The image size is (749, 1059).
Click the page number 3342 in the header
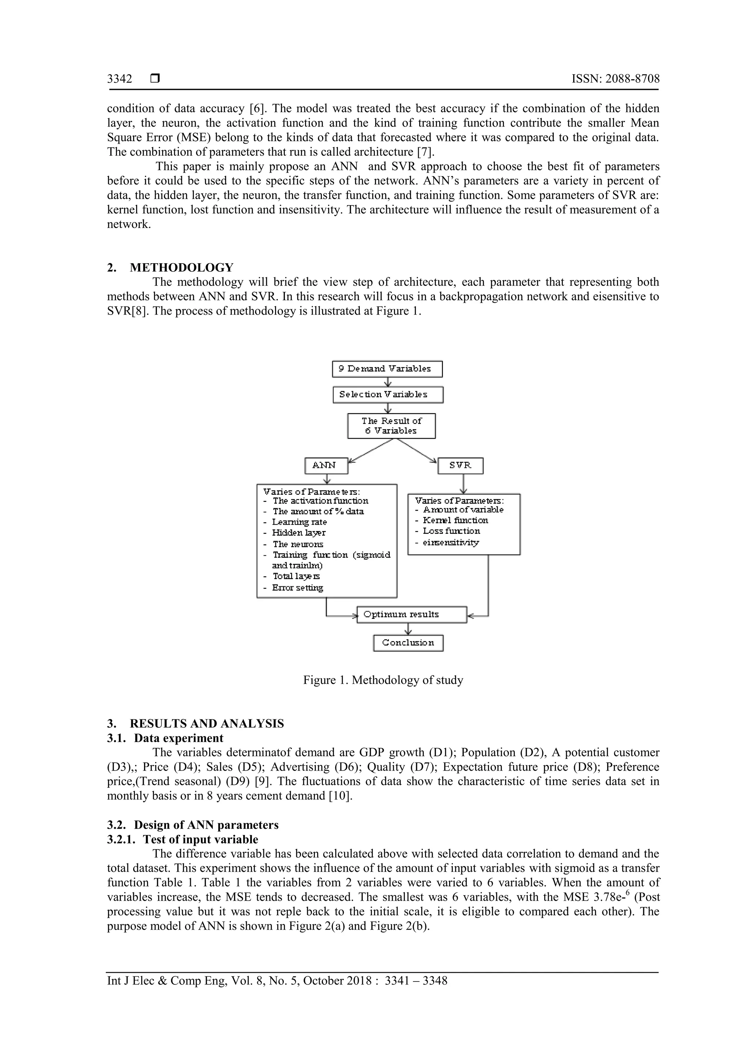[120, 79]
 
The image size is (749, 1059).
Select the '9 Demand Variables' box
[387, 369]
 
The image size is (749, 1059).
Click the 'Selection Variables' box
[388, 395]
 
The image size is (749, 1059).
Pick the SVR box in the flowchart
[460, 465]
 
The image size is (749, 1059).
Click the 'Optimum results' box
[412, 615]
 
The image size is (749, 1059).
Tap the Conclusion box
[408, 643]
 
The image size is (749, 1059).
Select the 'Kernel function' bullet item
[455, 520]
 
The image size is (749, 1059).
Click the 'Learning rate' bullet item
[299, 522]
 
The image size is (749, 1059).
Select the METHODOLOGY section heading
[181, 268]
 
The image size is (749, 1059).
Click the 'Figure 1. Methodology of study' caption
[383, 680]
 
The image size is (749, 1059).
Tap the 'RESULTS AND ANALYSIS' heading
[207, 724]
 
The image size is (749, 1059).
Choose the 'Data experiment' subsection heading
[178, 738]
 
